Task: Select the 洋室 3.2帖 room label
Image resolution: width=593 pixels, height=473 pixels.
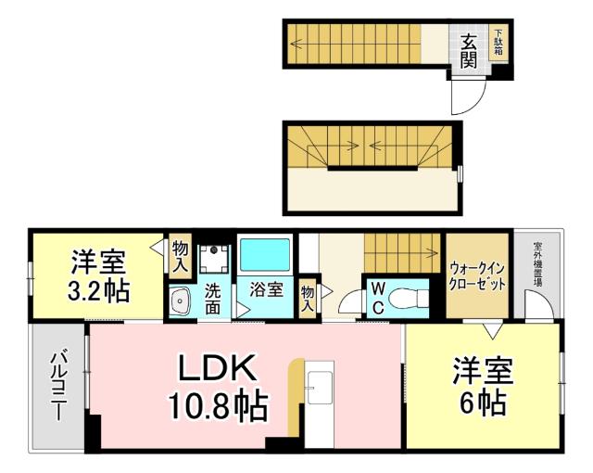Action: pyautogui.click(x=97, y=275)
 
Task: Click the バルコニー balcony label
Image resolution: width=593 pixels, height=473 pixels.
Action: pyautogui.click(x=57, y=386)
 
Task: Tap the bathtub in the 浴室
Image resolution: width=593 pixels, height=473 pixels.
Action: pyautogui.click(x=265, y=253)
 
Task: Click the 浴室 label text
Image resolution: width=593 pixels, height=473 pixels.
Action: pyautogui.click(x=268, y=289)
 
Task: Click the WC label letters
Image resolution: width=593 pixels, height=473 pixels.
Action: pyautogui.click(x=378, y=297)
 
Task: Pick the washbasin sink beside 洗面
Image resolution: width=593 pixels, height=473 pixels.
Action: pyautogui.click(x=180, y=301)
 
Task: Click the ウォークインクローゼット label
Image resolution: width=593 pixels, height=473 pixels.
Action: pyautogui.click(x=477, y=275)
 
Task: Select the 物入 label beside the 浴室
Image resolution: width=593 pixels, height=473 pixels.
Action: pyautogui.click(x=308, y=299)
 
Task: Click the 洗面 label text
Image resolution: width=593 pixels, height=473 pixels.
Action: pyautogui.click(x=213, y=298)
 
